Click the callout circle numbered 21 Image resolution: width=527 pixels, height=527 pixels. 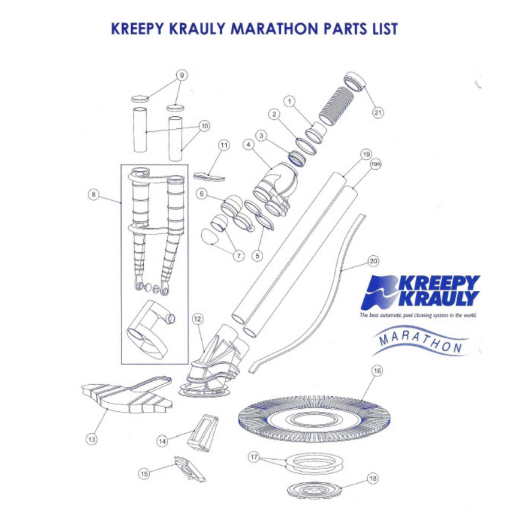(377, 113)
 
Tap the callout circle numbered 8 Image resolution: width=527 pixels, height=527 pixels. (94, 195)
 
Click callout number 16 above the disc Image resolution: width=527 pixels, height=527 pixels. (377, 371)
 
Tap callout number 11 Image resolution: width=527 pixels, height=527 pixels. (224, 145)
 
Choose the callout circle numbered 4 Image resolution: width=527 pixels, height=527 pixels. (248, 145)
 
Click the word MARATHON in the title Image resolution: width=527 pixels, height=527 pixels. (275, 29)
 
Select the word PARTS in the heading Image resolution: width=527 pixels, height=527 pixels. (347, 29)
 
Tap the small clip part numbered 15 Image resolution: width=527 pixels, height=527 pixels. (190, 469)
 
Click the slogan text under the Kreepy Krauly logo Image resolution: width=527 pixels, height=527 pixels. (418, 315)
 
